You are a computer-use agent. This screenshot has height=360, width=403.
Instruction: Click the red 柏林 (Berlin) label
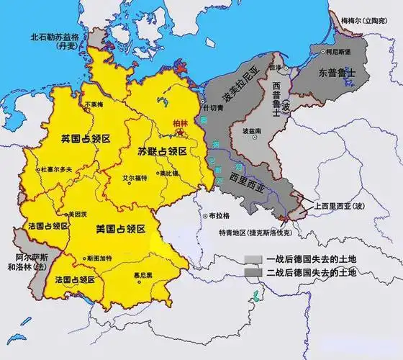[178, 124]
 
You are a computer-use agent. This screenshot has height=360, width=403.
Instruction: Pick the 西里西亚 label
[248, 176]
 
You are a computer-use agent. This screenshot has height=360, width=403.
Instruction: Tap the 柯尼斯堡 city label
[338, 53]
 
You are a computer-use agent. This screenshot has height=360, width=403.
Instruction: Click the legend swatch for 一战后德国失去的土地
[250, 259]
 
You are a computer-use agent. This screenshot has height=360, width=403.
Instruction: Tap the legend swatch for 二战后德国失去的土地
[250, 274]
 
